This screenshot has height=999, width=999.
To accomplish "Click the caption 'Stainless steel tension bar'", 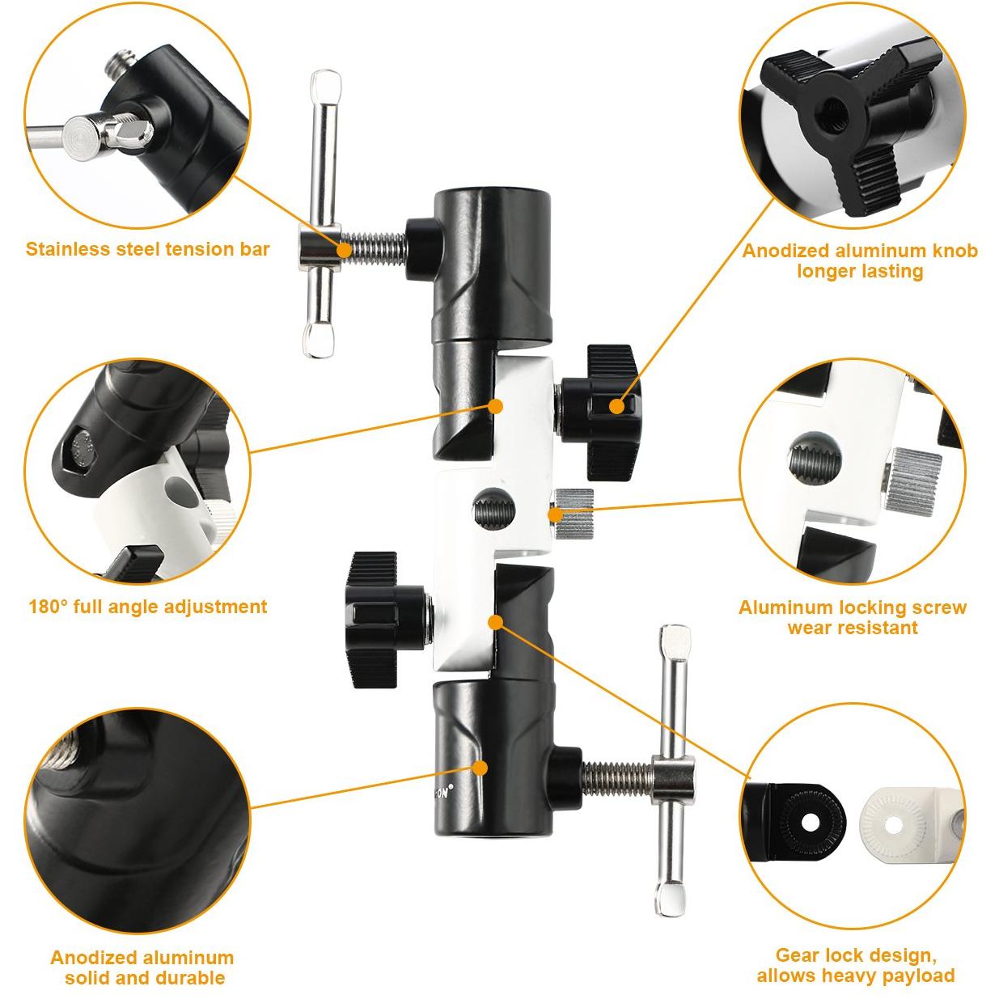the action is (x=148, y=249).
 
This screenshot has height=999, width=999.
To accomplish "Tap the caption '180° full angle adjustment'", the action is (x=148, y=607).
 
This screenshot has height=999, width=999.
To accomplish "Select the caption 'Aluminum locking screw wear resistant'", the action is (x=853, y=617).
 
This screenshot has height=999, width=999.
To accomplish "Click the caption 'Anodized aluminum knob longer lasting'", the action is (x=860, y=260).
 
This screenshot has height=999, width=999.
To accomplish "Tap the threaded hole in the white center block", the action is (x=494, y=508).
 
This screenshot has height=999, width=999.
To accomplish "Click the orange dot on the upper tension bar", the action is (x=345, y=250).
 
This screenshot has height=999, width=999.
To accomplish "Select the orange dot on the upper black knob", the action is (x=616, y=406).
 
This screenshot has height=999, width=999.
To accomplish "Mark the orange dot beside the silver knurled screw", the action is (x=555, y=514).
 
